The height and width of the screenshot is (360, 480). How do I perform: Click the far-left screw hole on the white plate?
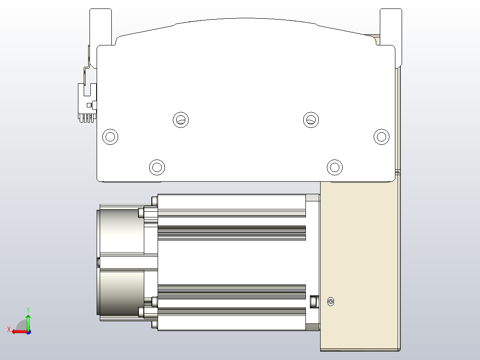110,136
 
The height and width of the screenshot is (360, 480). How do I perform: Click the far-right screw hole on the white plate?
381,136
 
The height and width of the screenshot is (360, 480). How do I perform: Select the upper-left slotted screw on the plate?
180,119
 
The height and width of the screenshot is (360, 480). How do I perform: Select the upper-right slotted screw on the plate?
311,119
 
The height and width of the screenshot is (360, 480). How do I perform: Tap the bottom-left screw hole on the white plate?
157,167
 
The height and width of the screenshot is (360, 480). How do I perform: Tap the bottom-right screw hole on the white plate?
334,167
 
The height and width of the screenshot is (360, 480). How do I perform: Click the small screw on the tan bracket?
330,302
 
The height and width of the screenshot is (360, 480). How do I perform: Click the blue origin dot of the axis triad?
28,331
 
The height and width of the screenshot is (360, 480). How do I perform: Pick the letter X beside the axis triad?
8,329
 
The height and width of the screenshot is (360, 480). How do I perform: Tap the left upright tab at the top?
101,27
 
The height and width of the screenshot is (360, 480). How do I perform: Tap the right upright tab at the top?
391,27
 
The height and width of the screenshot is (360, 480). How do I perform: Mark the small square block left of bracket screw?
313,301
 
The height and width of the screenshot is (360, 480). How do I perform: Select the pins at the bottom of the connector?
87,118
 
